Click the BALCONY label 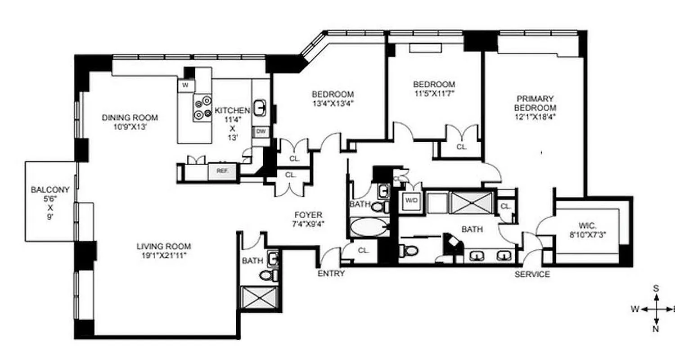pyautogui.click(x=44, y=190)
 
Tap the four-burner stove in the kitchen pyautogui.click(x=202, y=108)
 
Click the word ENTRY pyautogui.click(x=331, y=274)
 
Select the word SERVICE pyautogui.click(x=532, y=274)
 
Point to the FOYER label pyautogui.click(x=308, y=215)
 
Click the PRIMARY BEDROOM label pyautogui.click(x=535, y=103)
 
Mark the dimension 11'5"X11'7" pyautogui.click(x=434, y=94)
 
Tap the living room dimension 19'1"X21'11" pyautogui.click(x=164, y=256)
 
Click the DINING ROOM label pyautogui.click(x=130, y=118)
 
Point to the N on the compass pyautogui.click(x=656, y=329)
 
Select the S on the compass pyautogui.click(x=656, y=288)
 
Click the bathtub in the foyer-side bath pyautogui.click(x=369, y=227)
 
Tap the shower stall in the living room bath pyautogui.click(x=255, y=297)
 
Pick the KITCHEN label pyautogui.click(x=232, y=111)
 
